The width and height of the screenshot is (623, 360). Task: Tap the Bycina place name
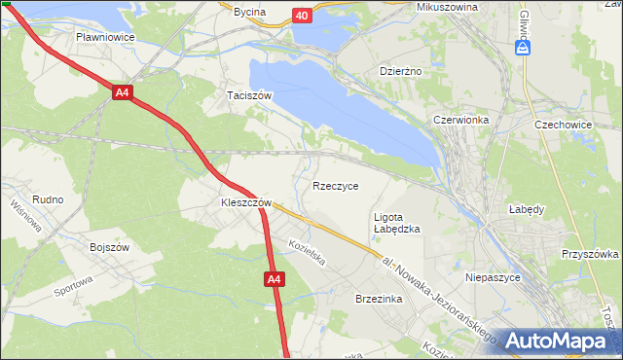click(249, 12)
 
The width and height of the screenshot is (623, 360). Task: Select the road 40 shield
click(302, 16)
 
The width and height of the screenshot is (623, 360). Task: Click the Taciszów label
click(248, 95)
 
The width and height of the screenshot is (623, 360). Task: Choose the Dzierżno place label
click(398, 71)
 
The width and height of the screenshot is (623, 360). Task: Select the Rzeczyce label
click(336, 185)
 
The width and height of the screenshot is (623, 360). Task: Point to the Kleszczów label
click(238, 203)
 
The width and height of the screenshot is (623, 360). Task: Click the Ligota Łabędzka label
click(396, 223)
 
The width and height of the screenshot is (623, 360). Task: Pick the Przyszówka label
click(589, 254)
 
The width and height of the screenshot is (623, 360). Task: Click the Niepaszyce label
click(495, 277)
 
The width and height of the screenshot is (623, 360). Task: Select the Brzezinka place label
click(380, 300)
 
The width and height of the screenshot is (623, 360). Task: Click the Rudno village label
click(48, 199)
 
